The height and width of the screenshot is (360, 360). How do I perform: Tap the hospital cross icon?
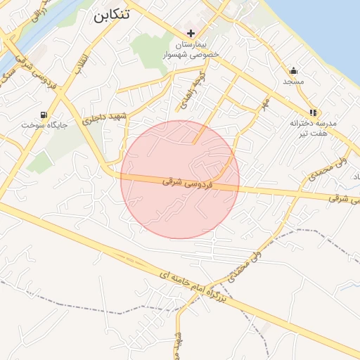point(191,33)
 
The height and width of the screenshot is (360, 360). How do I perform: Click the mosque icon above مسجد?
point(293,70)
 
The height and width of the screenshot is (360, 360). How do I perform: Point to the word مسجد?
point(293,82)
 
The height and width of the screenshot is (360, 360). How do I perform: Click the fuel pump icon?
point(44,114)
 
